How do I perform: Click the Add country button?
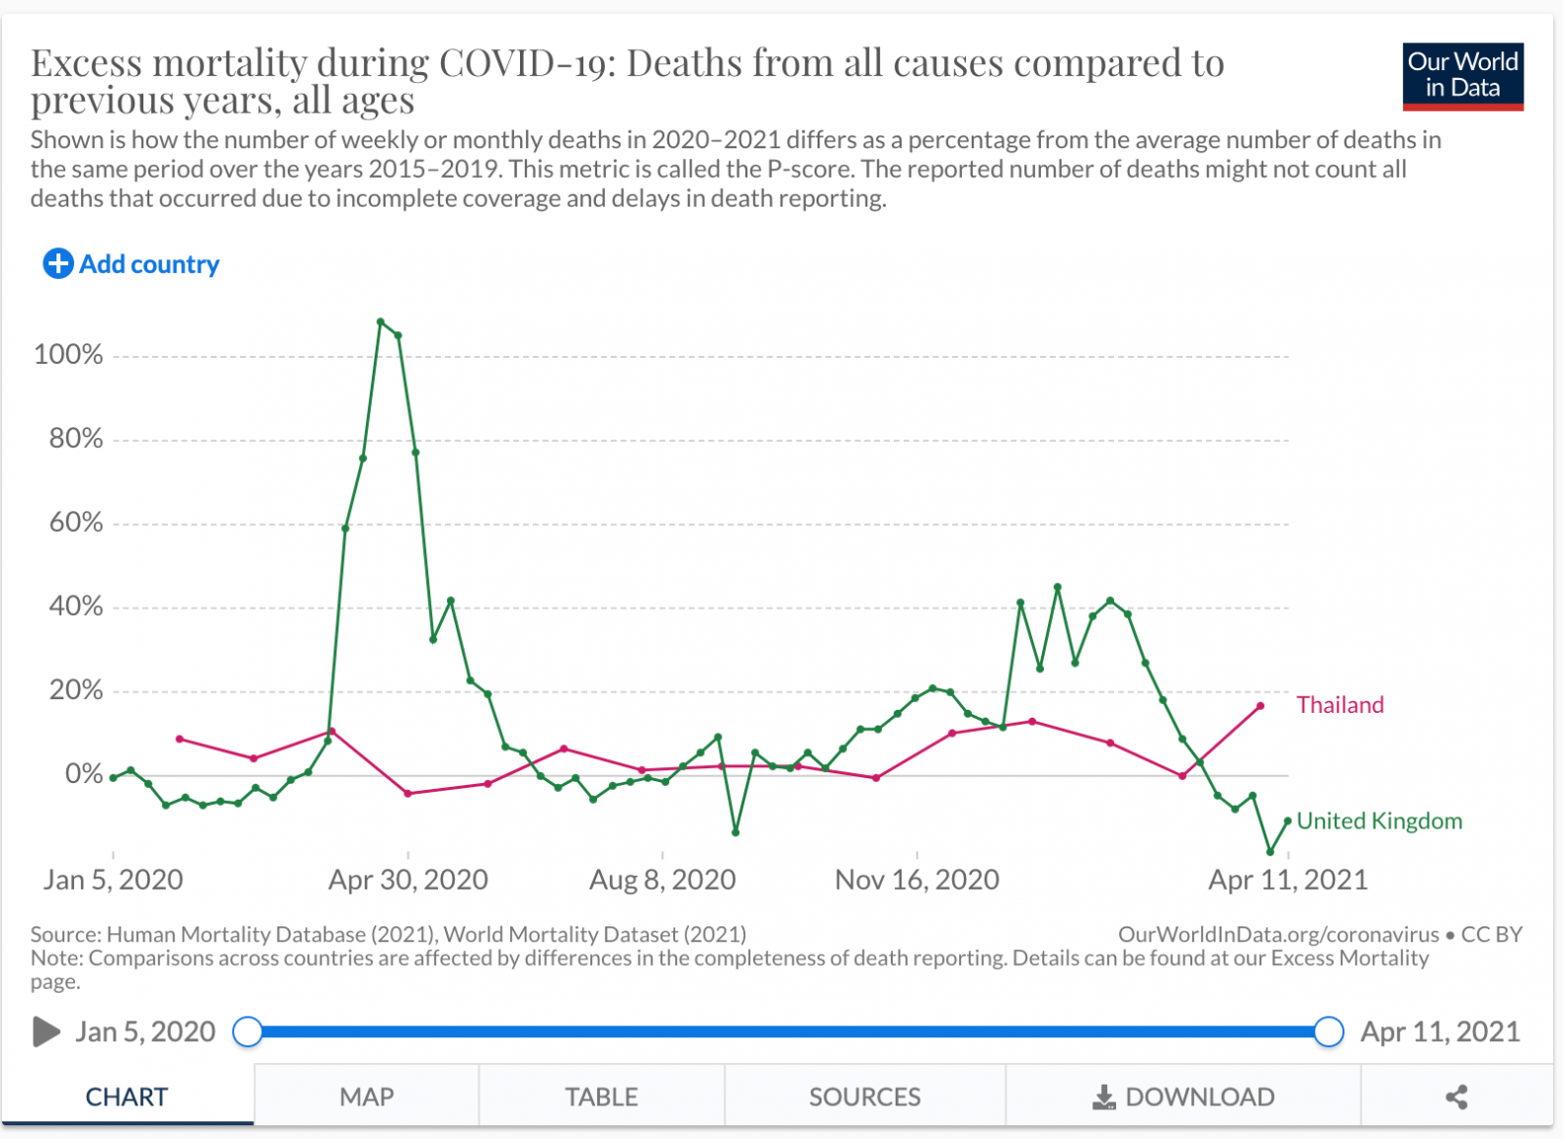pyautogui.click(x=131, y=264)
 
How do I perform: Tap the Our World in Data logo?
pyautogui.click(x=1462, y=76)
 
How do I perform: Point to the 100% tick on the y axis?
pyautogui.click(x=68, y=355)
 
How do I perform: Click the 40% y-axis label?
pyautogui.click(x=76, y=606)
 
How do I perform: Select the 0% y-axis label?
pyautogui.click(x=84, y=774)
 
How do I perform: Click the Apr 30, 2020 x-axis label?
pyautogui.click(x=408, y=880)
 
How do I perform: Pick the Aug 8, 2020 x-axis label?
pyautogui.click(x=662, y=880)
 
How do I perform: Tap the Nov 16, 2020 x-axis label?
pyautogui.click(x=916, y=880)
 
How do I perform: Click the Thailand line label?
pyautogui.click(x=1340, y=705)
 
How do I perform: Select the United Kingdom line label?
pyautogui.click(x=1379, y=821)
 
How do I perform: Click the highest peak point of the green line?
pyautogui.click(x=381, y=322)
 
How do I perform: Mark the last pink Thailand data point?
pyautogui.click(x=1260, y=706)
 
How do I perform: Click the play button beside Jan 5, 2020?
pyautogui.click(x=45, y=1032)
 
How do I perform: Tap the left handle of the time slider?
pyautogui.click(x=248, y=1032)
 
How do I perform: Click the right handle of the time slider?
pyautogui.click(x=1329, y=1032)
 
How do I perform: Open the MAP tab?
pyautogui.click(x=367, y=1096)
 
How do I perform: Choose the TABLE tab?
pyautogui.click(x=601, y=1096)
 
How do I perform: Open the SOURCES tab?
pyautogui.click(x=864, y=1096)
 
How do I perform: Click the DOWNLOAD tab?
pyautogui.click(x=1183, y=1096)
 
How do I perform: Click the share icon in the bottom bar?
pyautogui.click(x=1456, y=1096)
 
